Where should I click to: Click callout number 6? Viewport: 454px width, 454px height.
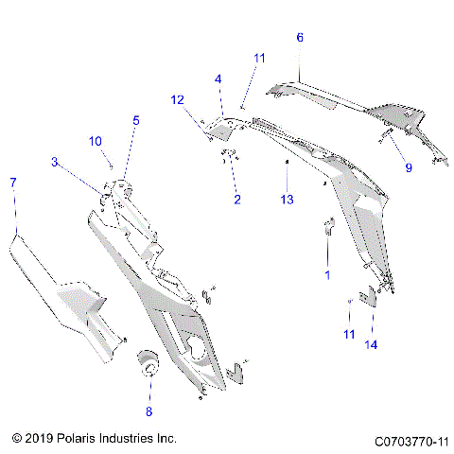pos(300,38)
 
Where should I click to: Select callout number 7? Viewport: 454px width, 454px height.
pos(12,182)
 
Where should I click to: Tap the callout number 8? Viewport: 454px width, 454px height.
pos(148,411)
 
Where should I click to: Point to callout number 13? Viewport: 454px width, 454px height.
pos(288,200)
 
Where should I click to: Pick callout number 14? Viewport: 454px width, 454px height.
pos(372,345)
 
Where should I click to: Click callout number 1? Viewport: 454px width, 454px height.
pos(327,274)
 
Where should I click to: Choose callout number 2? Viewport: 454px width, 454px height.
pos(237,200)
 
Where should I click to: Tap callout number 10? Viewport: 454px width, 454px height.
pos(96,141)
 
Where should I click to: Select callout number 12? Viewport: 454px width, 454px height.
pos(177,99)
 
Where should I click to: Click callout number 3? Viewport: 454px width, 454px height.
pos(55,163)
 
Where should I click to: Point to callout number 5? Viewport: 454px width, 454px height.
pos(136,120)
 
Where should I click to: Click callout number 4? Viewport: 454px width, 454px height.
pos(218,79)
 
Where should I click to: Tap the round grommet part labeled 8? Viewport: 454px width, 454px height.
pos(148,363)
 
